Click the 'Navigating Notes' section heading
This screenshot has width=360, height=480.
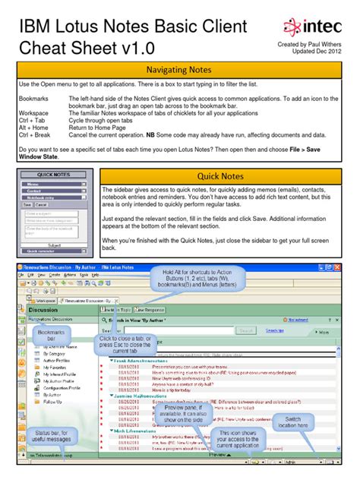[180, 71]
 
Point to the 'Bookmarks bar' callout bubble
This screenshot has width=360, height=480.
[51, 336]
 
